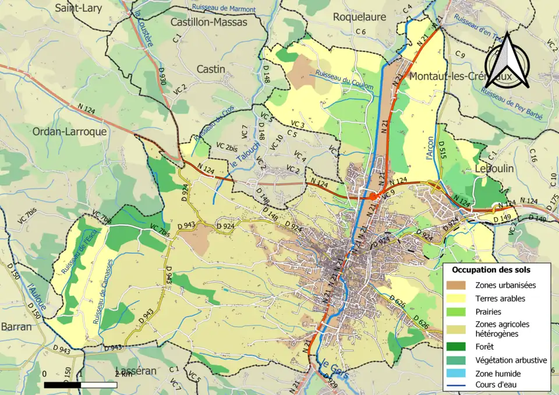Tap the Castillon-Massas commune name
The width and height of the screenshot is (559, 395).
pos(209,22)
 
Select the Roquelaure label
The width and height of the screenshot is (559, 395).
pos(359,17)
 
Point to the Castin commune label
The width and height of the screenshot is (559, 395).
pos(211,69)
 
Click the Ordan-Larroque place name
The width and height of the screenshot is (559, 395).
pos(70,131)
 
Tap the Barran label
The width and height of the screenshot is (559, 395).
pos(16,326)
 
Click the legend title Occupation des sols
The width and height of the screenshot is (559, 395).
pos(491,270)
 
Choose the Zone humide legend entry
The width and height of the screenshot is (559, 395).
pos(498,373)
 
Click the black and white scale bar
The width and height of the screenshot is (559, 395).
pos(80,385)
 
